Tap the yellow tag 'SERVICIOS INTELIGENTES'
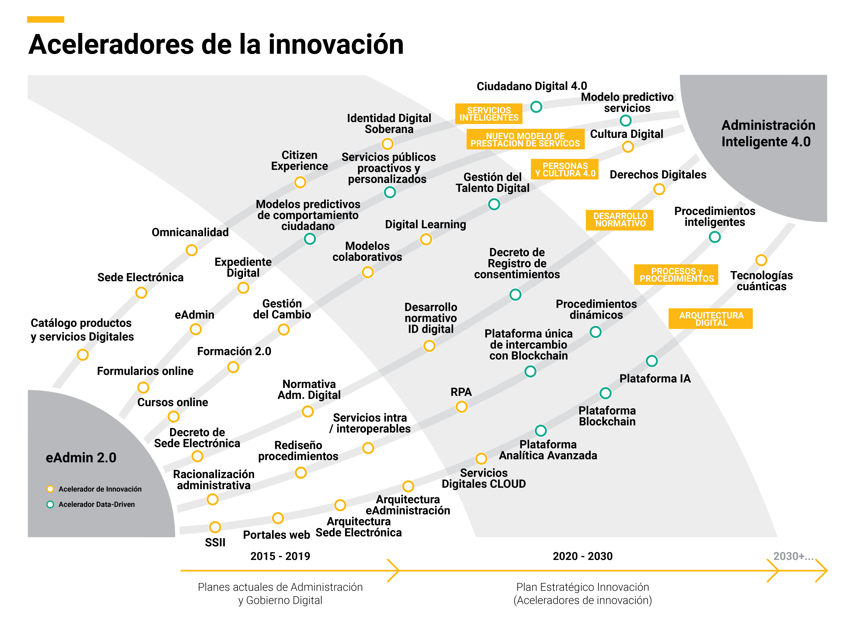489,114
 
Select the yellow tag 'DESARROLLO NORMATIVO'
620,220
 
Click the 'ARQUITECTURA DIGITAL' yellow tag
711,319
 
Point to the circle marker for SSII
215,527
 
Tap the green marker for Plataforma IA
652,361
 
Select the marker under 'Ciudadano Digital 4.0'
536,107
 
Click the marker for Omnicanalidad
191,250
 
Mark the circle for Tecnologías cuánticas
761,260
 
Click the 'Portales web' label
276,535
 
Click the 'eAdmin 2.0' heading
81,457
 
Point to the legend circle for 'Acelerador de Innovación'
50,489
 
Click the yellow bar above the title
45,19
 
